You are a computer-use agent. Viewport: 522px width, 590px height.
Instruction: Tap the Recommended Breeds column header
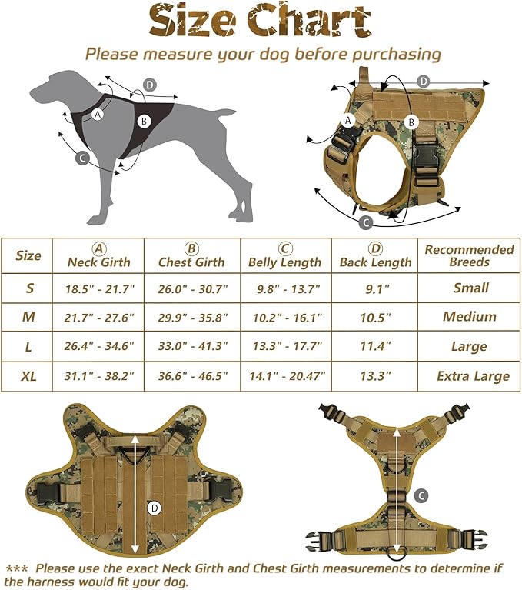(x=469, y=255)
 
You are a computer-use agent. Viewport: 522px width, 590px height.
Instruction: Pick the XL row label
(x=29, y=376)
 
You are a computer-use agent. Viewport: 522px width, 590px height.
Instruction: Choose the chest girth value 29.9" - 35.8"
(x=192, y=317)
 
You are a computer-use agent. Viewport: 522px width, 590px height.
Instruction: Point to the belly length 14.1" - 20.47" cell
(x=285, y=376)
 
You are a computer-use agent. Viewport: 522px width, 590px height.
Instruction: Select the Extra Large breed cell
(x=472, y=376)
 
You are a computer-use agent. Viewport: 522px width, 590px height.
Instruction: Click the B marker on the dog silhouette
(x=144, y=120)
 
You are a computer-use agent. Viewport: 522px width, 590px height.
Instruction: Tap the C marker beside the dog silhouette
(x=83, y=158)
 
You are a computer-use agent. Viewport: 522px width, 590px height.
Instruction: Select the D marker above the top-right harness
(x=423, y=82)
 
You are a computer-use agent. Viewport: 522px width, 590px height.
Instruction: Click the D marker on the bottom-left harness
(x=154, y=507)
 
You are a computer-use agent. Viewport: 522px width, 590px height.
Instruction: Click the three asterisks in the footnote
(x=17, y=568)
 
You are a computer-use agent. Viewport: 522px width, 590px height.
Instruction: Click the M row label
(x=29, y=317)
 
